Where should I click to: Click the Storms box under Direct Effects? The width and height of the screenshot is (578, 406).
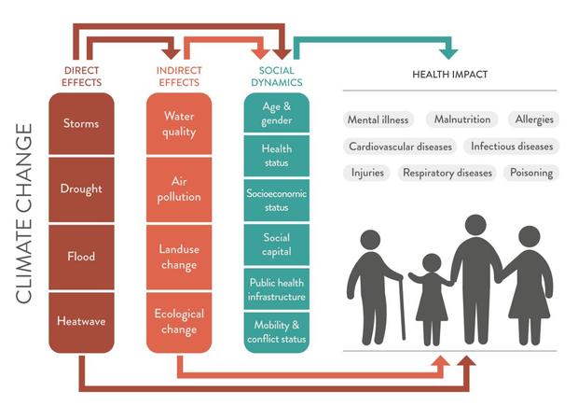tap(81, 123)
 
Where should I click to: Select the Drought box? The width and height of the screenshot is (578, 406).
tap(81, 189)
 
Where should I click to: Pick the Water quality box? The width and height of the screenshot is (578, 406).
tap(179, 123)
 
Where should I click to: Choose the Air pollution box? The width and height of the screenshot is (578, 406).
tap(179, 189)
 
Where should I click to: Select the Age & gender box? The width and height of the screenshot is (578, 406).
tap(277, 113)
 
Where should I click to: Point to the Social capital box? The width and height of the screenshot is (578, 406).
tap(277, 245)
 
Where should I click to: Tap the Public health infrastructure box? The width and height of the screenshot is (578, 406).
tap(277, 289)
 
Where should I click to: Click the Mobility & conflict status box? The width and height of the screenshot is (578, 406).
tap(277, 332)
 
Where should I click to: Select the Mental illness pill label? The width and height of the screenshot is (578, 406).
tap(378, 119)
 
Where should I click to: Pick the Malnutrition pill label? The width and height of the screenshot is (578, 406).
tap(462, 119)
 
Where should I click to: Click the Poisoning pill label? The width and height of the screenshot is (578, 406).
tap(531, 173)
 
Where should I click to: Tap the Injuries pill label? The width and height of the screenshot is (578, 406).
tap(367, 173)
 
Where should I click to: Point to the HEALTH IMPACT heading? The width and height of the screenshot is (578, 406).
tap(449, 74)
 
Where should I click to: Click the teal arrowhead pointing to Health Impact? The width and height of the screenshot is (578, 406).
tap(448, 53)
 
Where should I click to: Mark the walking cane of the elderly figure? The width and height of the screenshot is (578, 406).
tap(401, 306)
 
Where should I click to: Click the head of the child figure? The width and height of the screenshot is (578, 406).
tap(432, 263)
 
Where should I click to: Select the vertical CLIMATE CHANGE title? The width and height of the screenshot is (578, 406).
tap(24, 214)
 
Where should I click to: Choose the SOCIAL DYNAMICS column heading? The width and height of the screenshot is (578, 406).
tap(277, 77)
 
